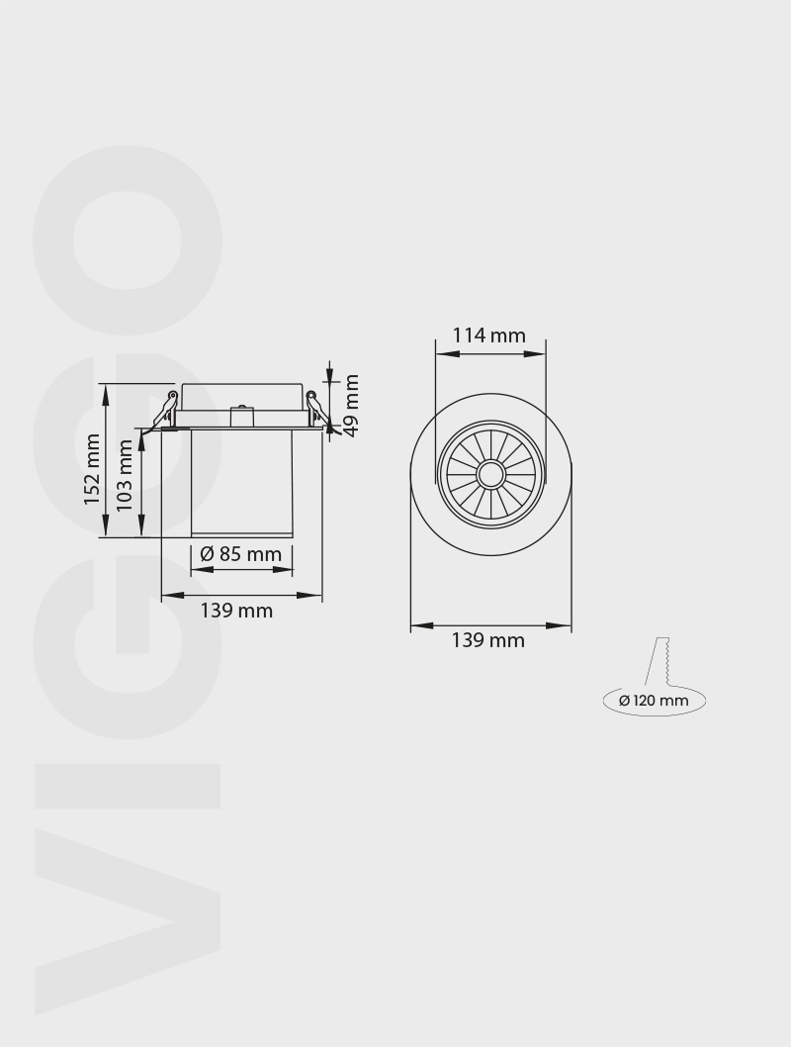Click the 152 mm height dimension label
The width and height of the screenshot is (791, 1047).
coord(92,469)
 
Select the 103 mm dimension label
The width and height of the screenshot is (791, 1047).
coord(125,475)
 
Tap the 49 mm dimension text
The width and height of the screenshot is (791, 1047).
coord(350,404)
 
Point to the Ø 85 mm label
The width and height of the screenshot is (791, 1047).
coord(240,554)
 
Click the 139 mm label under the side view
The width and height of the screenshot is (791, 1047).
coord(236,611)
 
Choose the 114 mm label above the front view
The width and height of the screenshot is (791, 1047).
coord(489,335)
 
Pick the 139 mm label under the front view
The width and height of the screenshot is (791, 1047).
coord(488,640)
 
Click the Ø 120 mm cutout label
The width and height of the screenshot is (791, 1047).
coord(654,701)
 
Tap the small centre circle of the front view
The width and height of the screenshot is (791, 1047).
coord(490,475)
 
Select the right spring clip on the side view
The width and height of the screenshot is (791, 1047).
coord(315,410)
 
